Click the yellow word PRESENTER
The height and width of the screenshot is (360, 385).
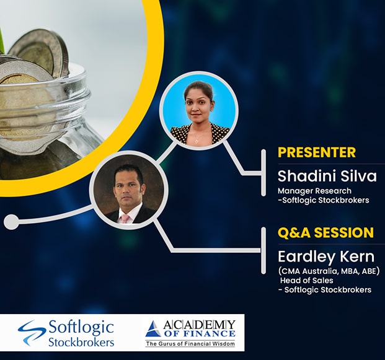pyautogui.click(x=317, y=152)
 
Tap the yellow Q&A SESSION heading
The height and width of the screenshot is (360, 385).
pyautogui.click(x=326, y=232)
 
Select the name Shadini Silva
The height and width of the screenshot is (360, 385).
pyautogui.click(x=327, y=176)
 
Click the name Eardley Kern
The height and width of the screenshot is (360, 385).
pyautogui.click(x=326, y=257)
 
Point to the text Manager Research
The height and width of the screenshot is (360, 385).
pyautogui.click(x=314, y=191)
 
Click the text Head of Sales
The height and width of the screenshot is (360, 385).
pyautogui.click(x=307, y=280)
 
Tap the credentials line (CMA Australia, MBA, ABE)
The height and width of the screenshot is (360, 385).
pyautogui.click(x=329, y=271)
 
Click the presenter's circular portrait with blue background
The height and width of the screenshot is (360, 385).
pyautogui.click(x=198, y=110)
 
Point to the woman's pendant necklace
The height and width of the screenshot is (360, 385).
pyautogui.click(x=197, y=141)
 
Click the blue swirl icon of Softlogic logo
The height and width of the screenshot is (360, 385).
pyautogui.click(x=32, y=333)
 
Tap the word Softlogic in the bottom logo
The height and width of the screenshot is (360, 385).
pyautogui.click(x=81, y=327)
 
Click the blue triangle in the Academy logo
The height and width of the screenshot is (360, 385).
pyautogui.click(x=153, y=329)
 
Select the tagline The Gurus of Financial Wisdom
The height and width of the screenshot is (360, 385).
pyautogui.click(x=190, y=343)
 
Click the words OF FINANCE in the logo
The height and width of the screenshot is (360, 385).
pyautogui.click(x=200, y=334)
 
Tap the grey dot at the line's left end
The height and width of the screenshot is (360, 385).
pyautogui.click(x=11, y=222)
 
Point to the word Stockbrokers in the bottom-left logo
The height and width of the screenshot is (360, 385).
pyautogui.click(x=81, y=341)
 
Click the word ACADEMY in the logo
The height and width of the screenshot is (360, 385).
pyautogui.click(x=199, y=325)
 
